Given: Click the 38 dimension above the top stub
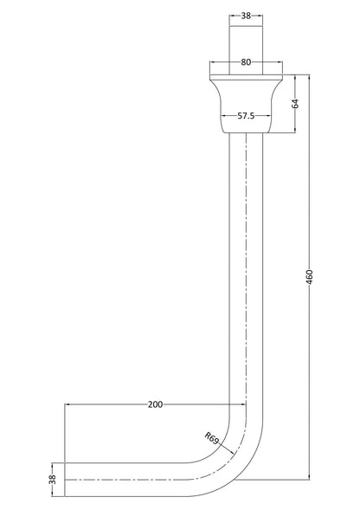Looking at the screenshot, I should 246,16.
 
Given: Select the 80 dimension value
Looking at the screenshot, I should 246,61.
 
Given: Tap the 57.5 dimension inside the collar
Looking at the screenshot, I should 247,115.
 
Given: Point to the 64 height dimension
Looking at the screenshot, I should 295,104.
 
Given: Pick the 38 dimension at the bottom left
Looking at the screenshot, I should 52,478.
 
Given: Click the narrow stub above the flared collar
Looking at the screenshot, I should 246,43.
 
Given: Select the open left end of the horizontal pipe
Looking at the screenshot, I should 66,479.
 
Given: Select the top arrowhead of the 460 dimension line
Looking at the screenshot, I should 310,79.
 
